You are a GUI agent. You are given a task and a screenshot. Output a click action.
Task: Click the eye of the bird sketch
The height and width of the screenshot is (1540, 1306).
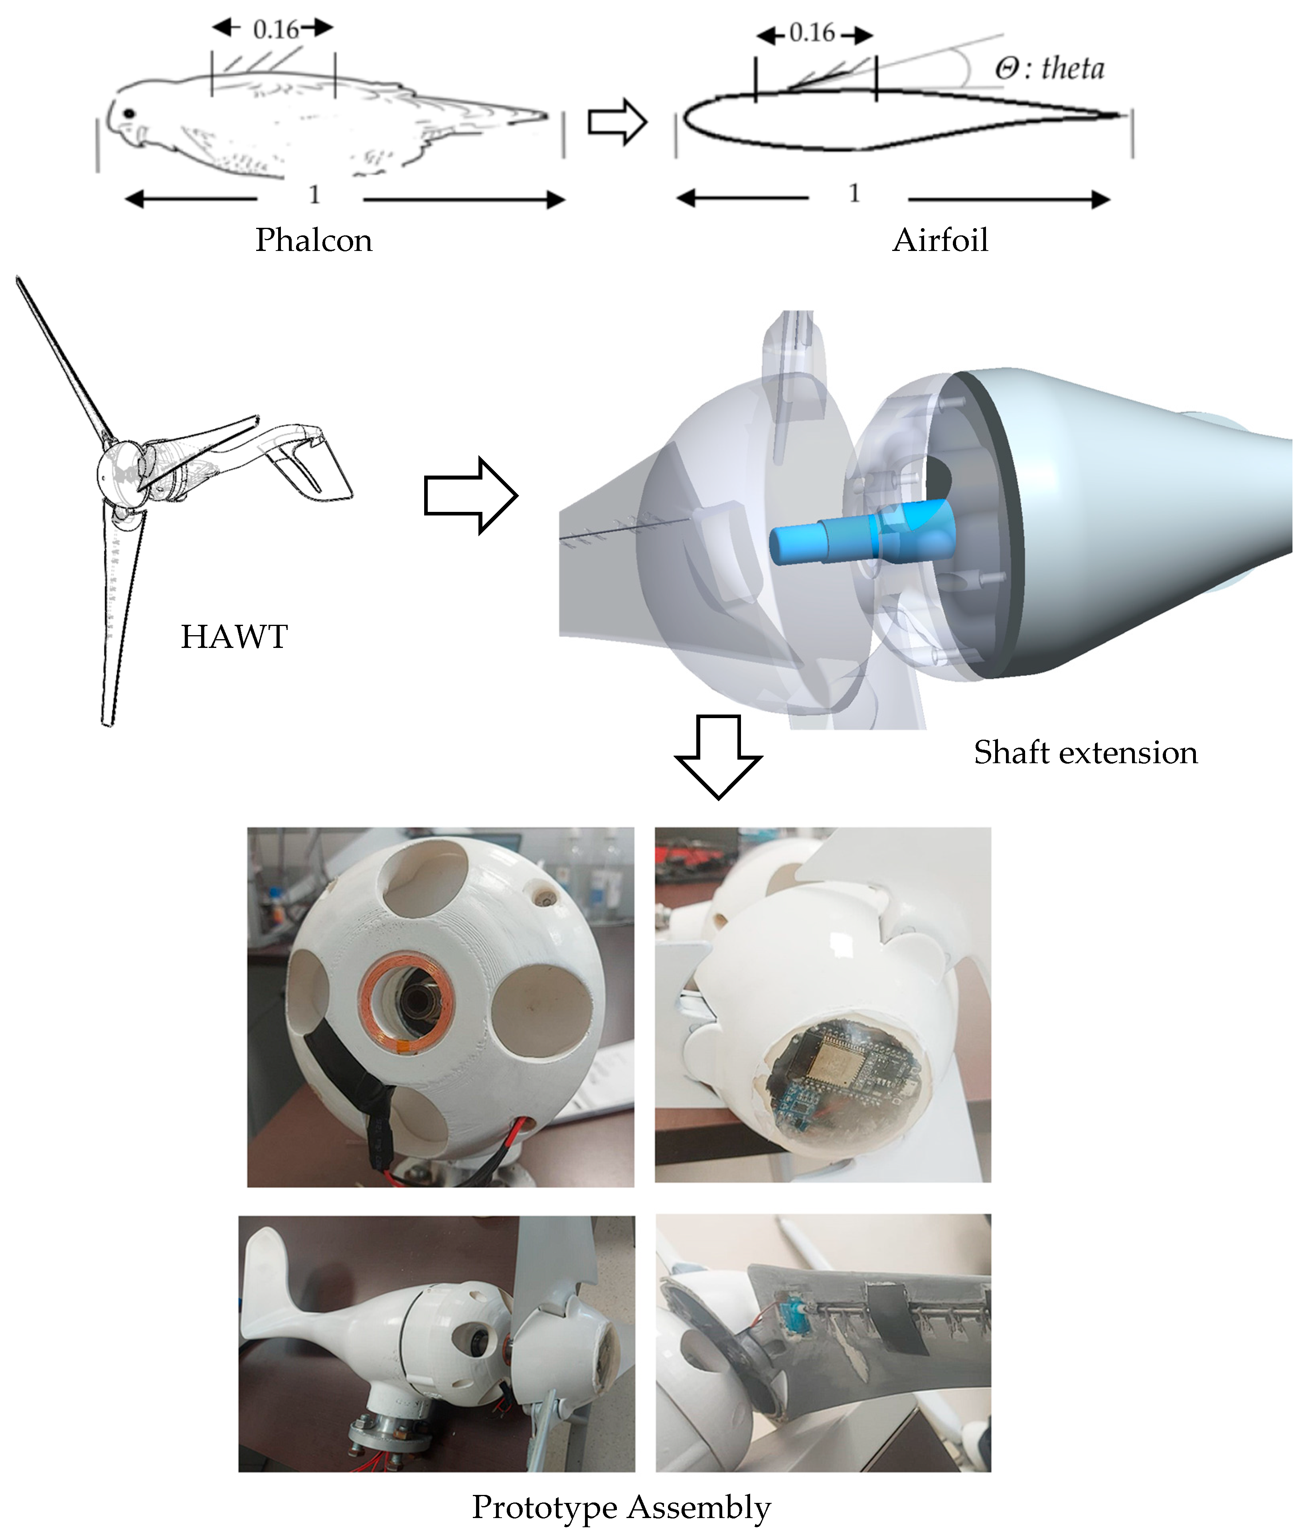click(x=130, y=113)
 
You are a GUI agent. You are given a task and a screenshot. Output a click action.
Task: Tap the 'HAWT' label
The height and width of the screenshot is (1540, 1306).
click(x=234, y=637)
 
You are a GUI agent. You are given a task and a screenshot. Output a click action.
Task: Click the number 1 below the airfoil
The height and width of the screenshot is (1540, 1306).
click(x=854, y=194)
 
